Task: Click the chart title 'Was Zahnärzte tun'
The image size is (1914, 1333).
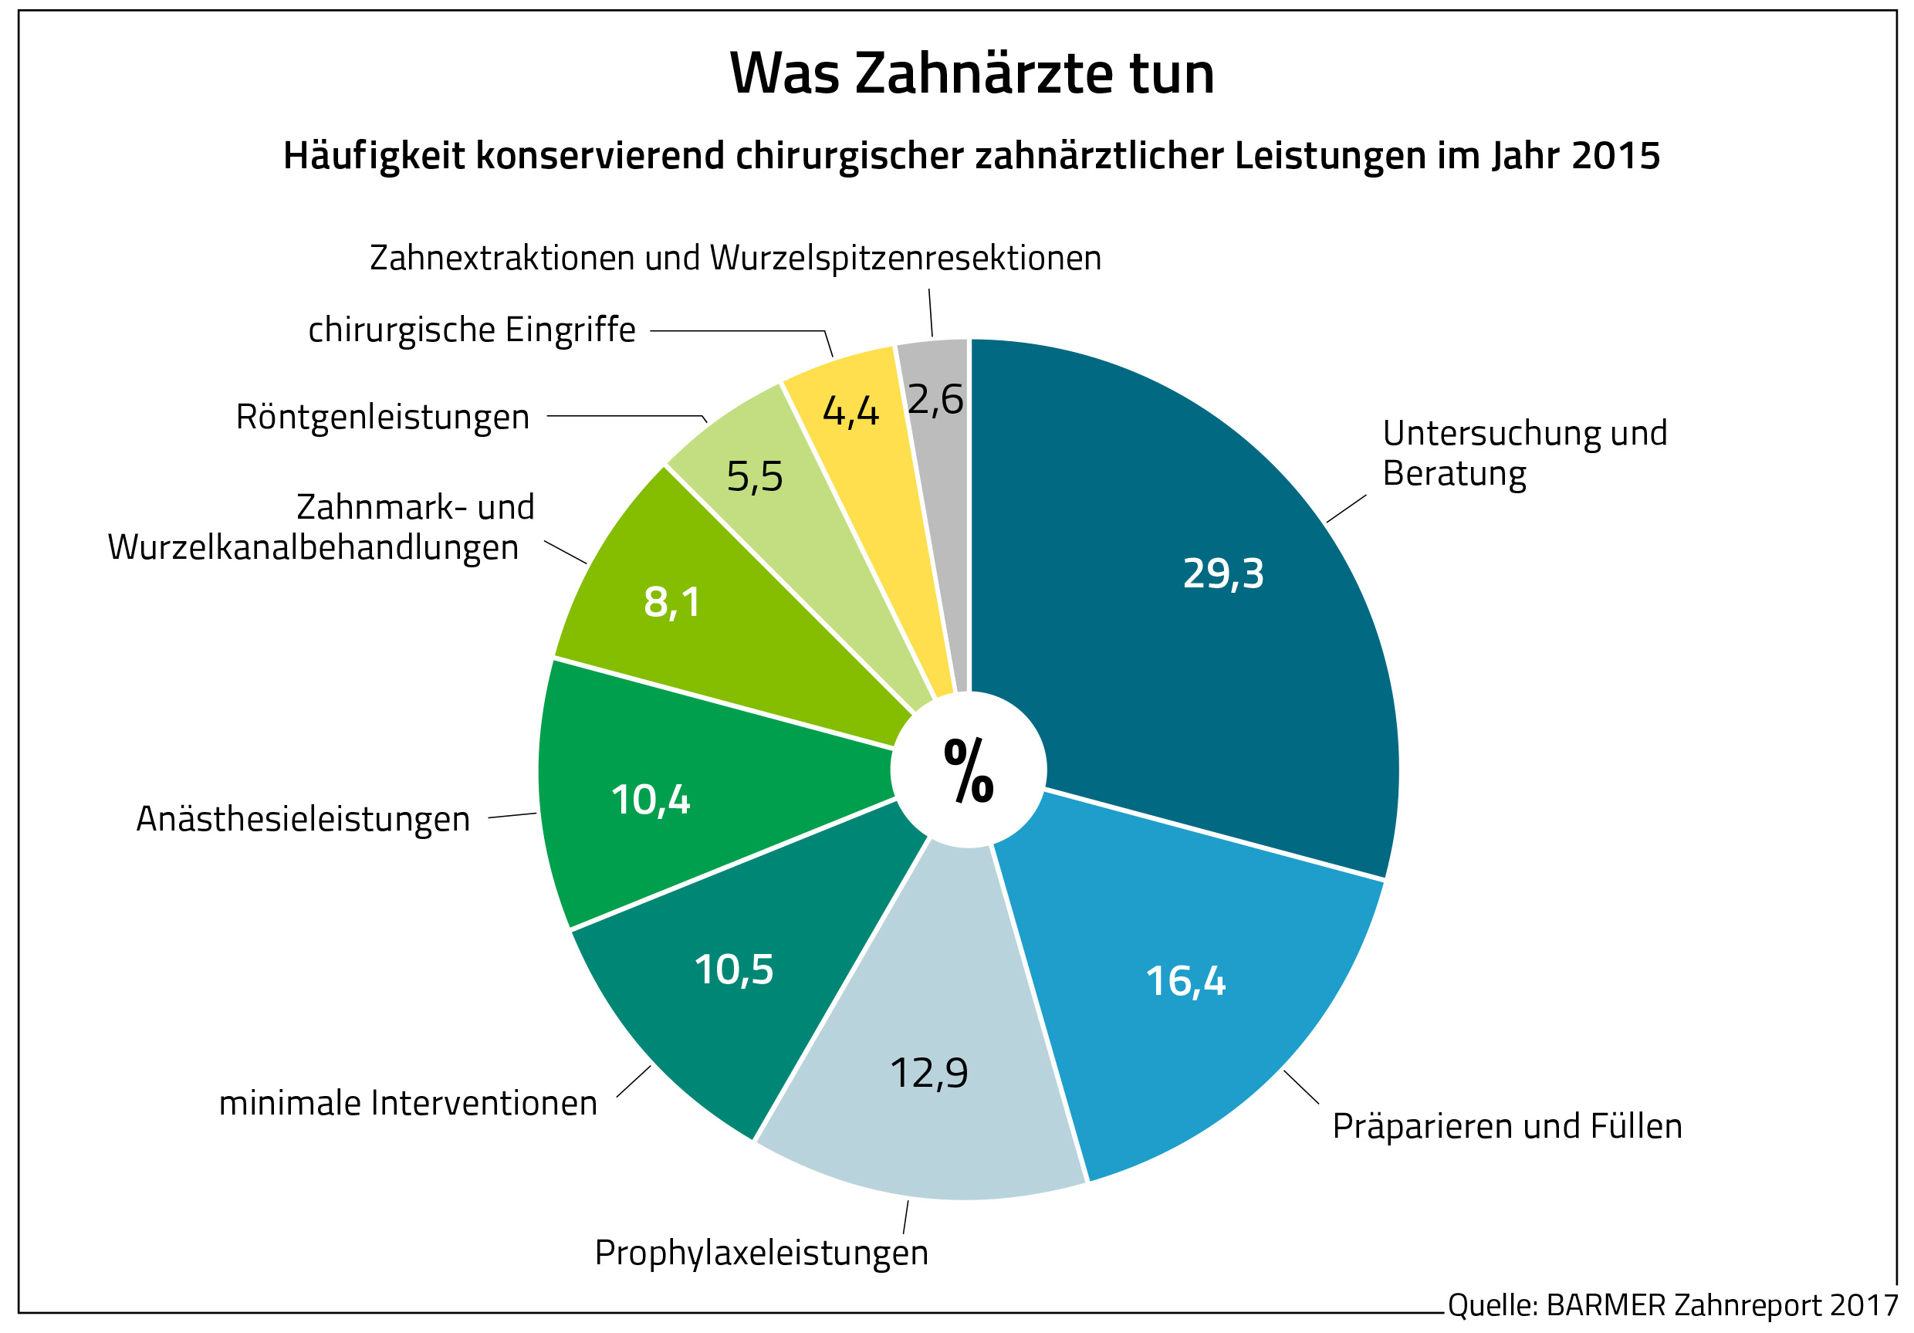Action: point(971,73)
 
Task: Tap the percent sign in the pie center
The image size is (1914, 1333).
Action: point(968,771)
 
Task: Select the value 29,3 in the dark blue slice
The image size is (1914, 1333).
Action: point(1223,573)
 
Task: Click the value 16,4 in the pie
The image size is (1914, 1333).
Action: point(1185,981)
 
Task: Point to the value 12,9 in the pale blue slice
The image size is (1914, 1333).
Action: point(928,1073)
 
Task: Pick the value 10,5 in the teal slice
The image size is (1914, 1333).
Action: point(734,970)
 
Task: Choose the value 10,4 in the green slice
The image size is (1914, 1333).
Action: point(651,800)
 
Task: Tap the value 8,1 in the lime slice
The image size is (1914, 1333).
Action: point(672,602)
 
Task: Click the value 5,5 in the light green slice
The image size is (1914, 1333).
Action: point(755,477)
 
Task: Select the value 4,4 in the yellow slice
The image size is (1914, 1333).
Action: point(850,411)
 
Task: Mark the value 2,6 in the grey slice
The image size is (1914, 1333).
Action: point(935,399)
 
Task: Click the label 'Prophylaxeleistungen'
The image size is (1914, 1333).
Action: point(761,1253)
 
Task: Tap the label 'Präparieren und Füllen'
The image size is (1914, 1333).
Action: point(1507,1126)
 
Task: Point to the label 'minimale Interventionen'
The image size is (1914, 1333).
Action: point(407,1104)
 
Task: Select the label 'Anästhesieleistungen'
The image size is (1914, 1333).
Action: point(303,820)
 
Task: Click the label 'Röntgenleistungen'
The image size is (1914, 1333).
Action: point(383,417)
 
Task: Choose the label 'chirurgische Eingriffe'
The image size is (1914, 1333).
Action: point(472,330)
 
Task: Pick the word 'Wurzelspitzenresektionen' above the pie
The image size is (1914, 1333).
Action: point(905,259)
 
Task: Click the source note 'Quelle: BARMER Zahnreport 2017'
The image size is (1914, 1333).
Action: point(1672,1305)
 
